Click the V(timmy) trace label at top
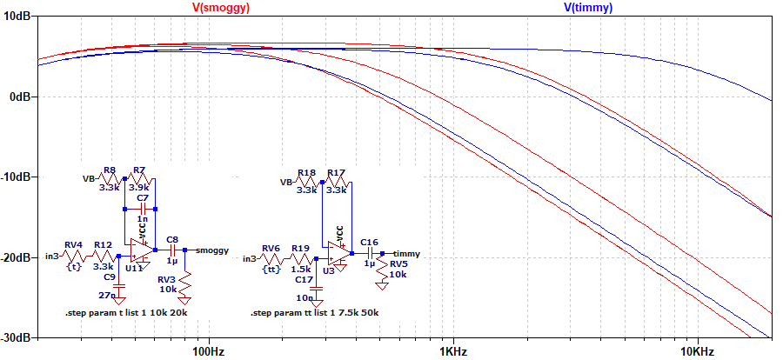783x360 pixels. (x=588, y=8)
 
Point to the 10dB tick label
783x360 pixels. (x=17, y=17)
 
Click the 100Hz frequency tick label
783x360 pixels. (x=210, y=351)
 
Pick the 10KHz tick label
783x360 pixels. (x=696, y=351)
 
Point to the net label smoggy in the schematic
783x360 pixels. (x=212, y=250)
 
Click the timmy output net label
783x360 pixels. (x=406, y=254)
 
